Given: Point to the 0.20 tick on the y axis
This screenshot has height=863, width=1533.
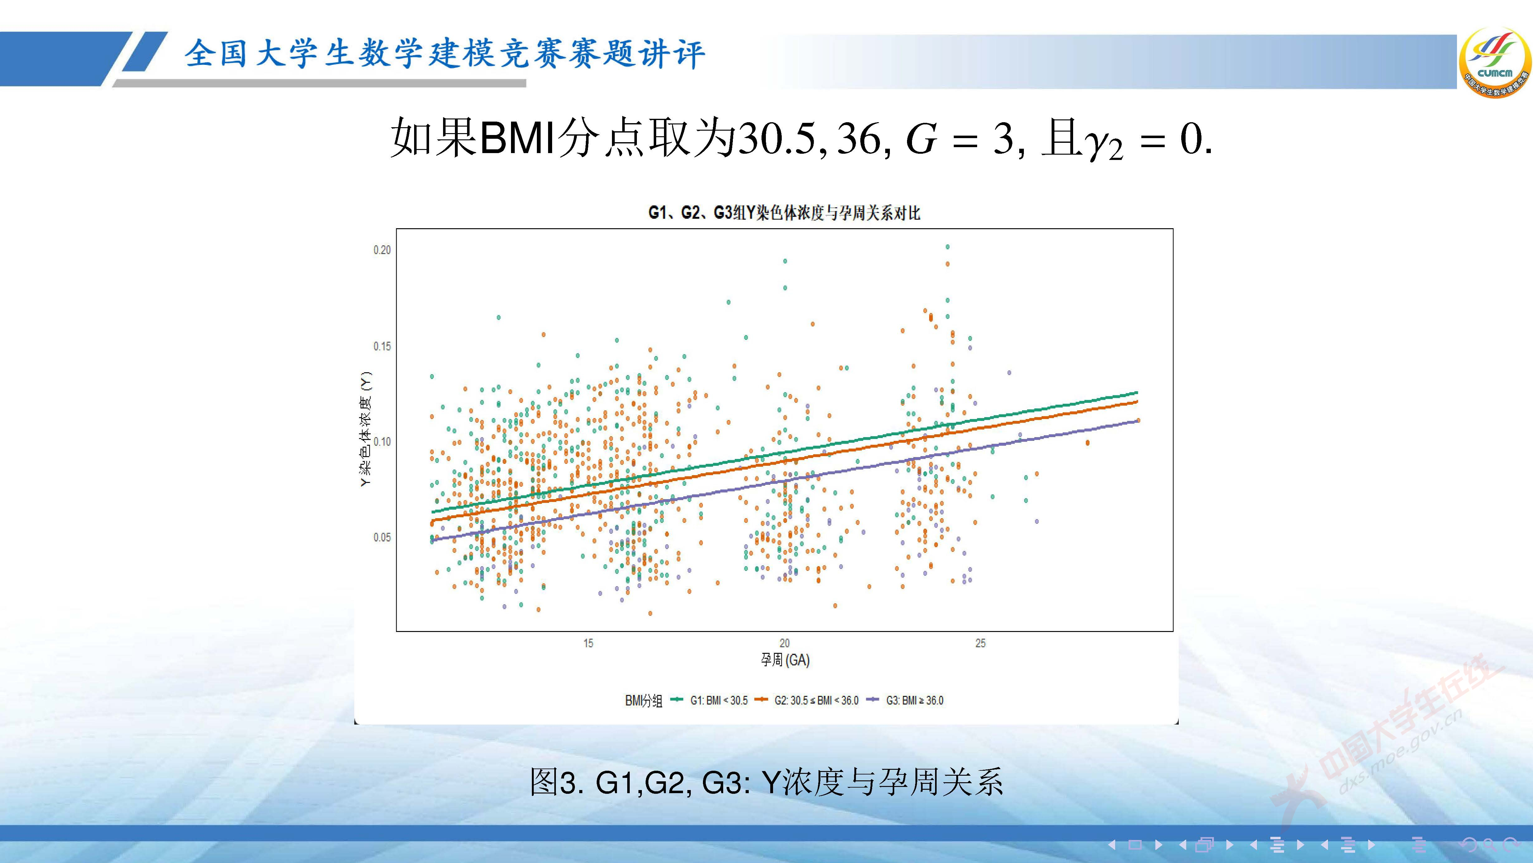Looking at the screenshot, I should (x=382, y=250).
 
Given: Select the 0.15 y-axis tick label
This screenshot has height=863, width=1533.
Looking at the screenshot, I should (x=382, y=346).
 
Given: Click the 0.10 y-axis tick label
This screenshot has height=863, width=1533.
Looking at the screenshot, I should (x=382, y=442).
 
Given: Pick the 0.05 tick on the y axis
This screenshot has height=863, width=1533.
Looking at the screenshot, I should (x=382, y=537).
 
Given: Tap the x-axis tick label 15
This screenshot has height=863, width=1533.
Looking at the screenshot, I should (x=588, y=643).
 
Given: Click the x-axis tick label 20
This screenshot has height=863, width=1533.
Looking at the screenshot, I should (x=784, y=643).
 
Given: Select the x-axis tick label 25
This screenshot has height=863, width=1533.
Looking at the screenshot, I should (x=980, y=643).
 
